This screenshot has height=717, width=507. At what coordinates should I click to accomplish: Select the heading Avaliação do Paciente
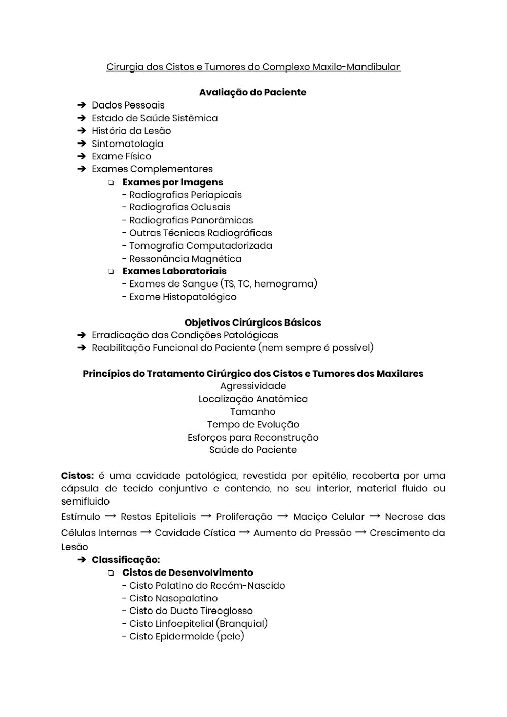252,92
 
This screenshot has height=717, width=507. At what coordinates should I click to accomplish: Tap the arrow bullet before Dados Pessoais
81,105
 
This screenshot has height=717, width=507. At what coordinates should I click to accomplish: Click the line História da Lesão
131,131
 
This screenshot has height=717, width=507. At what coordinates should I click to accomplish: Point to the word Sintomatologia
127,144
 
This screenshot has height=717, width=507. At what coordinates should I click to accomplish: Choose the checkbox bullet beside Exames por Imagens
111,183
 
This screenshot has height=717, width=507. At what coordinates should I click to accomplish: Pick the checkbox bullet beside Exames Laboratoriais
111,272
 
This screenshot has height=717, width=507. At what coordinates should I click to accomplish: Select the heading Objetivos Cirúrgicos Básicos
252,322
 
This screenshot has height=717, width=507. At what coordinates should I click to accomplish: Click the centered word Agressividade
253,386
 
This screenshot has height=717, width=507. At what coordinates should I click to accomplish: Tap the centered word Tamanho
253,412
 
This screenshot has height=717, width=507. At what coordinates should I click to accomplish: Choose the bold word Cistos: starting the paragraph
78,476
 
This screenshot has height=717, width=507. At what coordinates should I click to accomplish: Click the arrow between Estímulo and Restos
110,516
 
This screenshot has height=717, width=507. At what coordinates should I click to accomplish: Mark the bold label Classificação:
126,560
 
